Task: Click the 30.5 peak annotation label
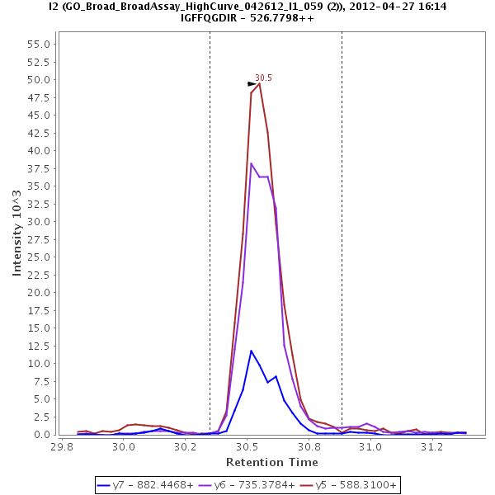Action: point(263,78)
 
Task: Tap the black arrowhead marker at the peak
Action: point(252,84)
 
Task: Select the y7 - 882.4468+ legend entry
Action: point(144,485)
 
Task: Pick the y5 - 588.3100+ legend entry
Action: point(348,485)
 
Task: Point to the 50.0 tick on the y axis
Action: point(43,80)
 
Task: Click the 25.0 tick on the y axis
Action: point(43,257)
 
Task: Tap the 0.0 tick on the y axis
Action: point(45,435)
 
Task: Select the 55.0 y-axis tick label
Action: point(43,45)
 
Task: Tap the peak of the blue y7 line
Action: point(252,351)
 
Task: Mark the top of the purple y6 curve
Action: point(252,163)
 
